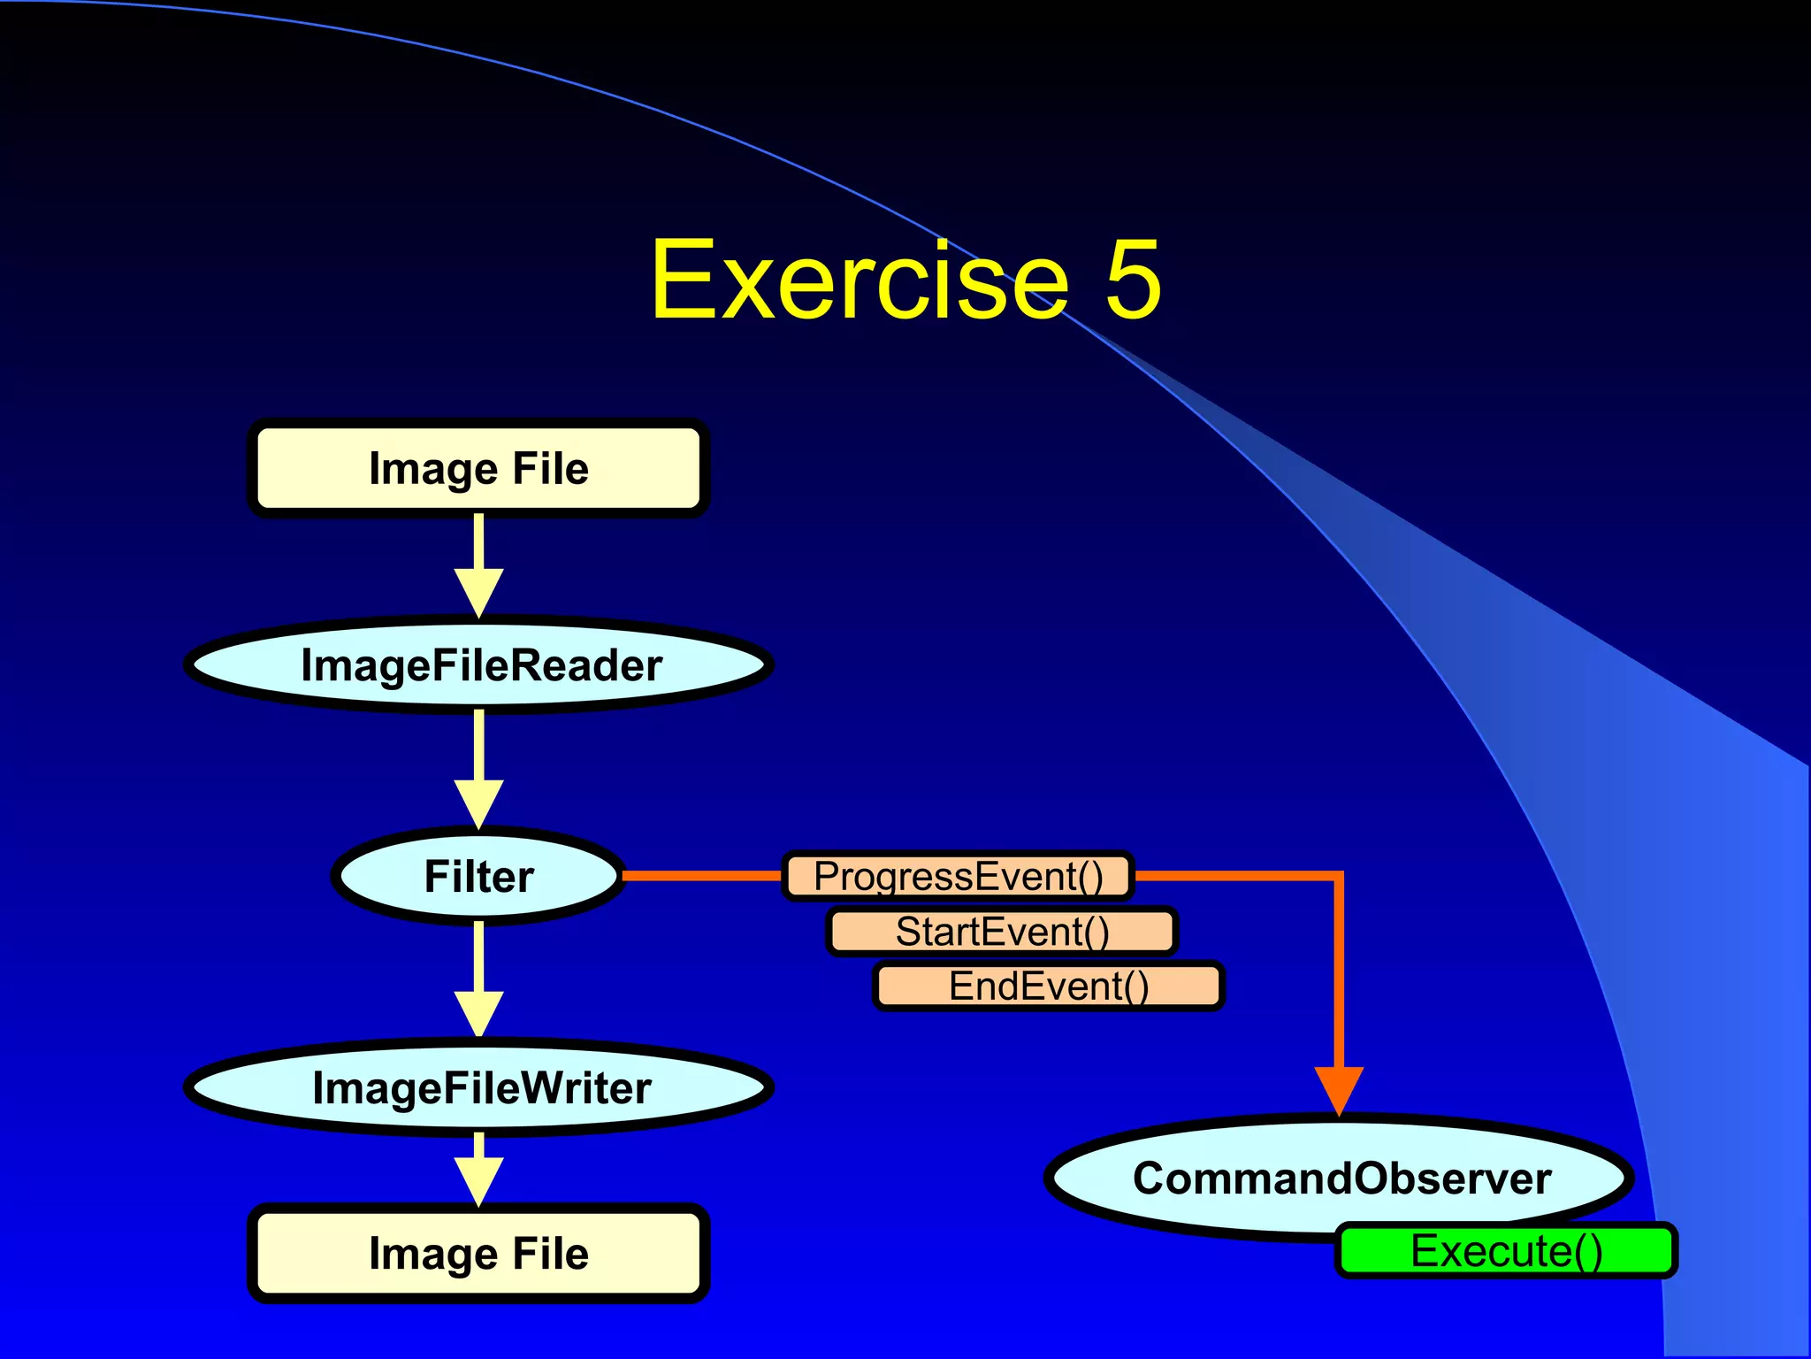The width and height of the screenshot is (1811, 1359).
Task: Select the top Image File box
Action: click(478, 468)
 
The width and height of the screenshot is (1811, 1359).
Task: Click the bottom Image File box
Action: click(478, 1253)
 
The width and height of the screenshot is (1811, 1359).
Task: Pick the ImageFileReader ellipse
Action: click(478, 665)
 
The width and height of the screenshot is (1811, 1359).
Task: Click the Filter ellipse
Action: click(478, 876)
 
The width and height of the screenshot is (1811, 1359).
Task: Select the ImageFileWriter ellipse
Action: click(478, 1087)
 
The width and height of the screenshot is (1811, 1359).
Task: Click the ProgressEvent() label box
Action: click(958, 876)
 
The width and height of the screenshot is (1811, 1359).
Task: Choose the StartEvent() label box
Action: click(1002, 932)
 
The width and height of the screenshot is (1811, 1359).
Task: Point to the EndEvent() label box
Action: click(1049, 986)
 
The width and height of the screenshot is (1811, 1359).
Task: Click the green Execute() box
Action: click(1506, 1250)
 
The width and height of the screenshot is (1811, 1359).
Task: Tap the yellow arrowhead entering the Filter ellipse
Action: click(478, 802)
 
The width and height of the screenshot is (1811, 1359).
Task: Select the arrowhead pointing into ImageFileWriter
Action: click(478, 1013)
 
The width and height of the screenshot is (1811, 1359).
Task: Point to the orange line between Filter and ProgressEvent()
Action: click(702, 876)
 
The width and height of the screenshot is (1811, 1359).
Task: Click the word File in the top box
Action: click(550, 468)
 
